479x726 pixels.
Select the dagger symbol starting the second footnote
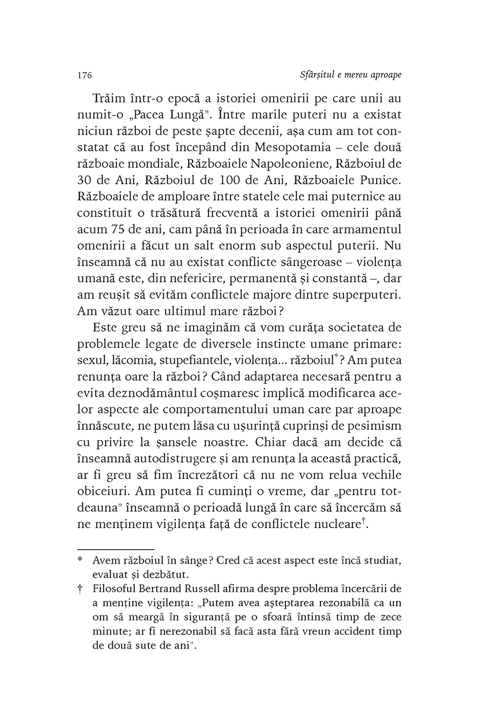coord(80,588)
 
